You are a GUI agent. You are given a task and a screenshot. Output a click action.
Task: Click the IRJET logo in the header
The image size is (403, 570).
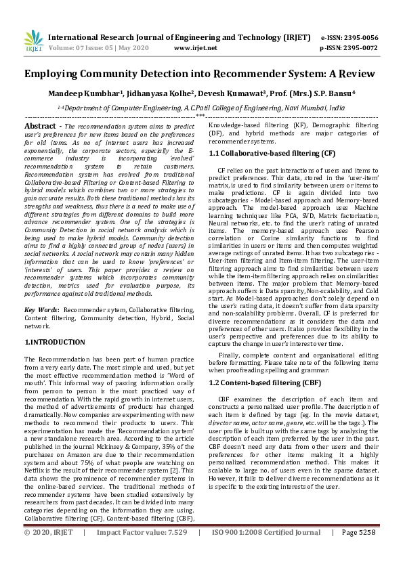click(33, 42)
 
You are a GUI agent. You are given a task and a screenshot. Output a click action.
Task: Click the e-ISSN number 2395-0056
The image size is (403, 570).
click(359, 38)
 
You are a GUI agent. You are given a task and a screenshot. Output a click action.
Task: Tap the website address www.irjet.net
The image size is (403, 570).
click(196, 49)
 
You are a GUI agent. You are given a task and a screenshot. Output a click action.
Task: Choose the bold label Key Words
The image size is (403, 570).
click(40, 309)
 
